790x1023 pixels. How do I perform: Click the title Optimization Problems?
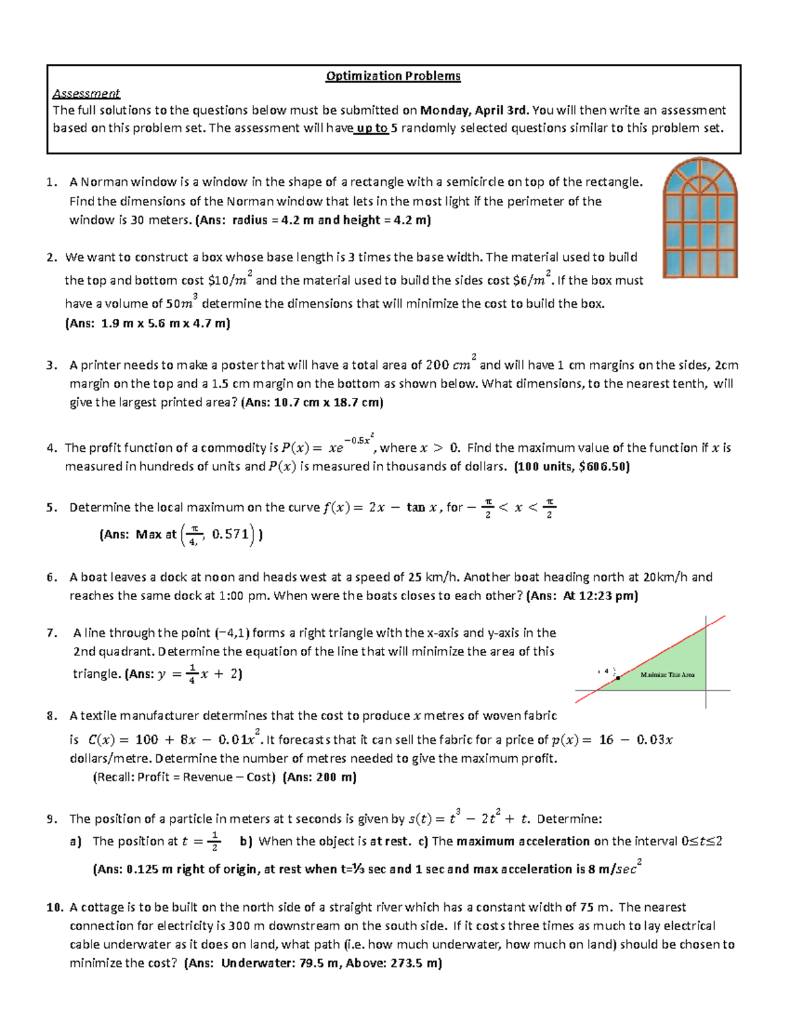point(393,76)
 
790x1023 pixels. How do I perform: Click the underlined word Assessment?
point(86,93)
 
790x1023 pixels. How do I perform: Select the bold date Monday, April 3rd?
point(473,110)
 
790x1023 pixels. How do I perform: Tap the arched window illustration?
point(700,217)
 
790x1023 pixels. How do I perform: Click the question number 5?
point(51,507)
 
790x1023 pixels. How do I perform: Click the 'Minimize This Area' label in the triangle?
point(667,675)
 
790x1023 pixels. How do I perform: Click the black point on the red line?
point(618,677)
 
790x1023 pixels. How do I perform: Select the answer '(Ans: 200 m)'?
point(319,777)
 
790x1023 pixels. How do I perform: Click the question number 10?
point(54,907)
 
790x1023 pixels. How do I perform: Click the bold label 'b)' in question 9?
point(246,841)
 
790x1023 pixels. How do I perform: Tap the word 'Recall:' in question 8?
point(115,777)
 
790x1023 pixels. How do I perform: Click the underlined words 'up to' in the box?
point(372,128)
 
